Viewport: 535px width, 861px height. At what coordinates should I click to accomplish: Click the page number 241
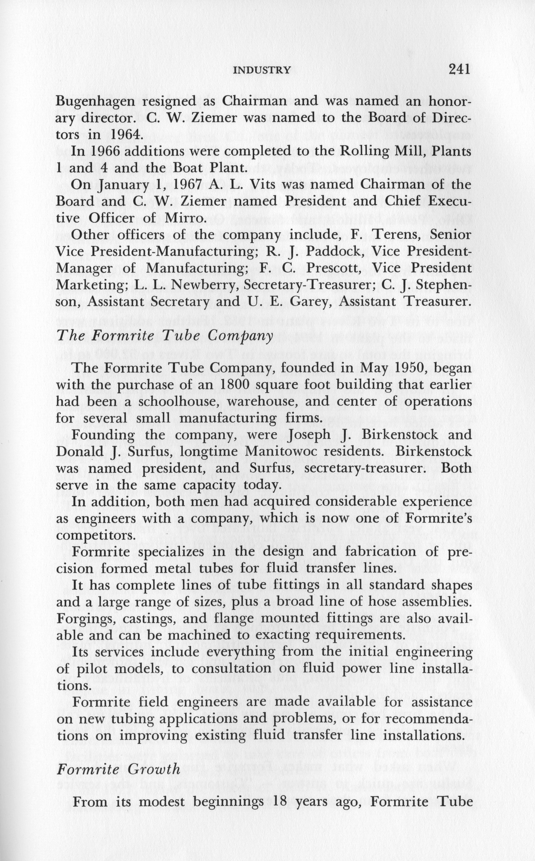pos(459,69)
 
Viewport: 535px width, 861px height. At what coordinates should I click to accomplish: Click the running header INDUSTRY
pos(262,70)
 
